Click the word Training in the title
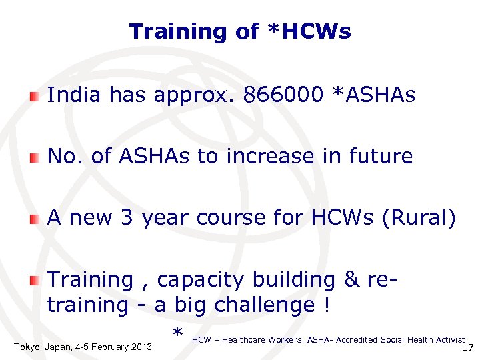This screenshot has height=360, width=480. tap(169, 31)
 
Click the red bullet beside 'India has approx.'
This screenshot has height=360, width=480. tap(34, 97)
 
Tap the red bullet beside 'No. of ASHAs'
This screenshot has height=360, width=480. tap(34, 158)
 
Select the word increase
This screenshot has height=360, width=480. tap(271, 157)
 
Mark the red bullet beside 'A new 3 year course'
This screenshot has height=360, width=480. tap(34, 219)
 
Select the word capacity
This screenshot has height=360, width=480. tap(201, 280)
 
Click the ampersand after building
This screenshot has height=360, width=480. tap(352, 280)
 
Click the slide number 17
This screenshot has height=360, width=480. tap(467, 348)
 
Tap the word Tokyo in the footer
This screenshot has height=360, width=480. tap(26, 347)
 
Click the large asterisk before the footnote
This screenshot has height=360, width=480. tap(177, 333)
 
